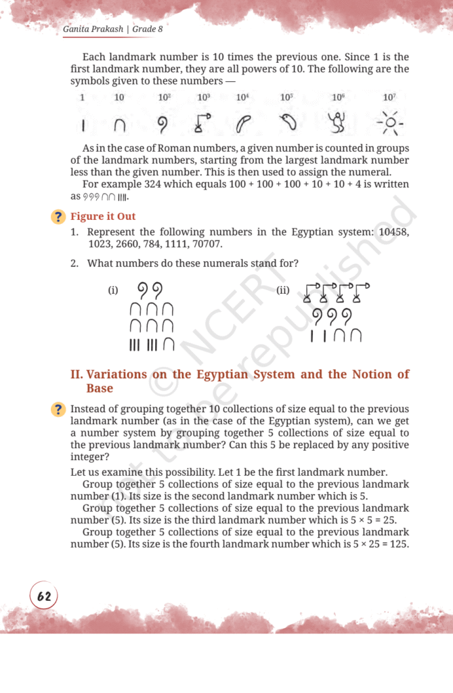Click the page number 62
pos(44,596)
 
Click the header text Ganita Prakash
pos(93,30)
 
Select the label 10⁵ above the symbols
pos(286,97)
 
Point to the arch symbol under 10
pos(119,126)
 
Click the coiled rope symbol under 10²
pos(163,125)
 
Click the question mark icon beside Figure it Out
pos(59,217)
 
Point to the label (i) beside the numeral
pos(113,290)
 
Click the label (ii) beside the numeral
pos(284,290)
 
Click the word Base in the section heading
pos(99,389)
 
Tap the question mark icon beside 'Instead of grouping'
pos(59,409)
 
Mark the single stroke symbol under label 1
pos(81,126)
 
